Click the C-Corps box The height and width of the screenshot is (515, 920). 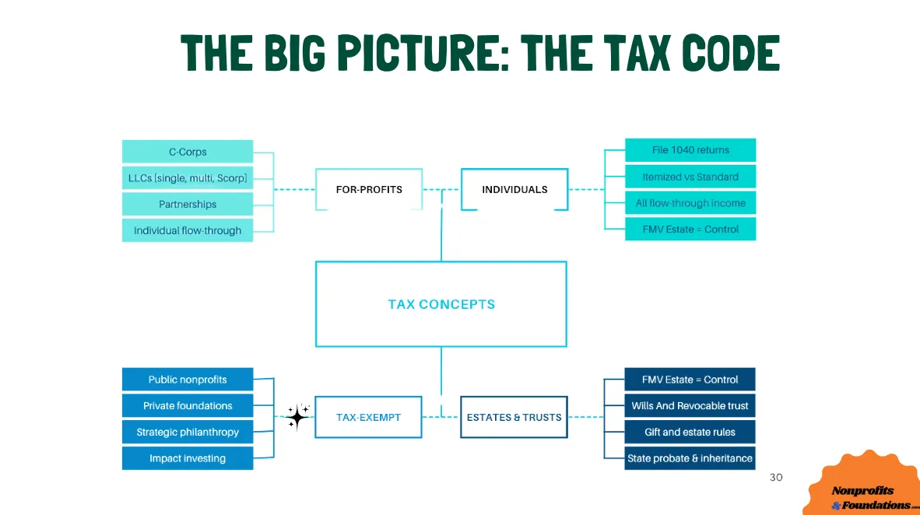(188, 152)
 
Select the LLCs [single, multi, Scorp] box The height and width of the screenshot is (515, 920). (188, 178)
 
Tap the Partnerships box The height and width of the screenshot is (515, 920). (188, 204)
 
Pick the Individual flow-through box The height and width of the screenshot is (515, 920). (188, 230)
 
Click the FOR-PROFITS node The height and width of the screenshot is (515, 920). (369, 189)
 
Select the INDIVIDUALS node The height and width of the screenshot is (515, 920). (514, 189)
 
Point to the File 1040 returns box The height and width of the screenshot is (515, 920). (690, 150)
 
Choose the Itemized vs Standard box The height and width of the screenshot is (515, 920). (690, 177)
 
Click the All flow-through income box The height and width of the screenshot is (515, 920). (690, 203)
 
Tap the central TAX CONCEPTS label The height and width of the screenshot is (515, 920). (441, 304)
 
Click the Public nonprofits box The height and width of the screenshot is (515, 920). (188, 380)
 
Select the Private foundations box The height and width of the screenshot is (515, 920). (188, 405)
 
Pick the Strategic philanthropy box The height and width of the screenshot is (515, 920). (188, 432)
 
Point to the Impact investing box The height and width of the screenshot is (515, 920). (188, 458)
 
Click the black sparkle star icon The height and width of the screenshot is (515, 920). (297, 417)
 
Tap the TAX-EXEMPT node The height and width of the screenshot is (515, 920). (368, 417)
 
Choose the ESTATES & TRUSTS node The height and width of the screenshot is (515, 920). (514, 417)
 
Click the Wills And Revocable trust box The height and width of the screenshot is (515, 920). (690, 405)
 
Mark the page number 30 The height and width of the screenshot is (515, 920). (775, 477)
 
